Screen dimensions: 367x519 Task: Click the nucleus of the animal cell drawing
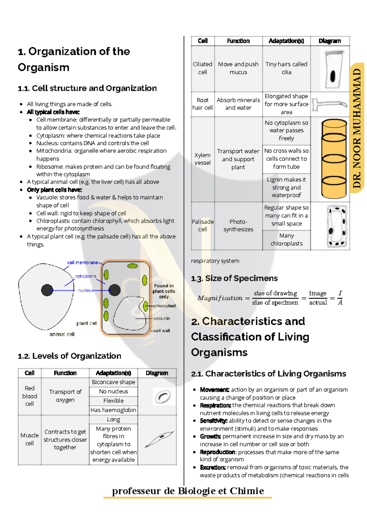pos(47,290)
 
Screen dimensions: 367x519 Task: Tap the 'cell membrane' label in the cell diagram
pos(83,263)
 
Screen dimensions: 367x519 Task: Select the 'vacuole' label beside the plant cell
pos(162,318)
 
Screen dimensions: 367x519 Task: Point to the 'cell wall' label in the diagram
pos(162,331)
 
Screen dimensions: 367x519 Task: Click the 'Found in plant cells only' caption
pos(164,291)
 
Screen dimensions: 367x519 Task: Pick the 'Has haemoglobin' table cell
pos(113,410)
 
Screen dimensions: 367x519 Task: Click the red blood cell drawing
pos(163,397)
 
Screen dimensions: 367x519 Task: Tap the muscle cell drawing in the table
pos(159,440)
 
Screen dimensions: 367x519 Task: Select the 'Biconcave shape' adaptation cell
pos(113,382)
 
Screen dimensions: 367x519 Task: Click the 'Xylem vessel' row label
pos(202,159)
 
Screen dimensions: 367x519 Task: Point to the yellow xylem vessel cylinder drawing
pos(334,159)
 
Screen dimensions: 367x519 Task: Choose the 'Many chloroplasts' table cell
pos(287,240)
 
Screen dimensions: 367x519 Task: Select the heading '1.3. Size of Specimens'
pos(234,278)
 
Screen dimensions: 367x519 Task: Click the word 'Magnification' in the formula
pos(220,298)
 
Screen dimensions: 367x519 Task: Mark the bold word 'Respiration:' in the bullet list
pos(215,405)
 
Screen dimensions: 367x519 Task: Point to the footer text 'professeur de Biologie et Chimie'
pos(188,491)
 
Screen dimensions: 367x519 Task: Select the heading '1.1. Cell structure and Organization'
pos(87,88)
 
